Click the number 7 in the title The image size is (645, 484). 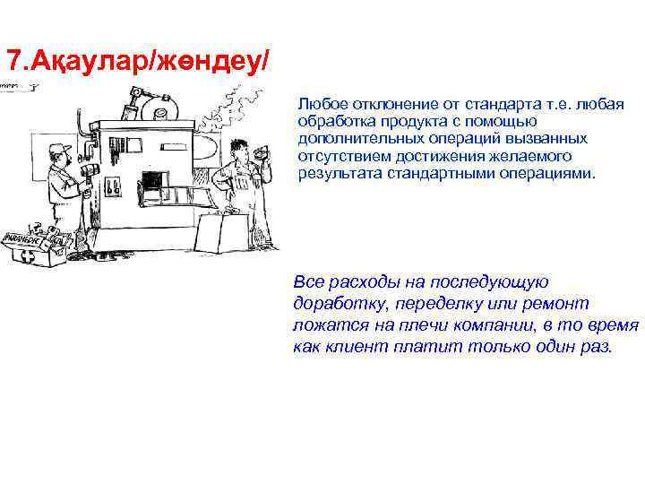click(13, 61)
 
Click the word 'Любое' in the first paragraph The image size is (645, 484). click(317, 106)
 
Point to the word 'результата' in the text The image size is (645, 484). click(333, 171)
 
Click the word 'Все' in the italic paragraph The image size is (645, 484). click(307, 281)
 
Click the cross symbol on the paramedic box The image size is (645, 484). click(26, 256)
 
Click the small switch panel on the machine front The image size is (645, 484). click(114, 187)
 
